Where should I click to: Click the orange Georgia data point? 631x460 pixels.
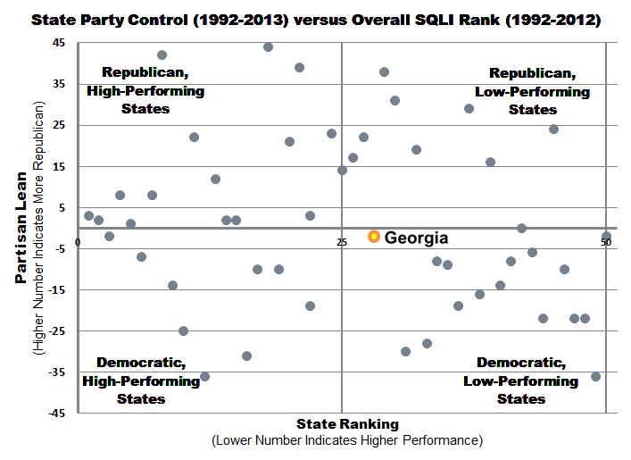[x=374, y=237]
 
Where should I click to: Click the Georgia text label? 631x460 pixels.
[x=416, y=238]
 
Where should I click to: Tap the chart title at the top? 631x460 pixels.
[x=316, y=18]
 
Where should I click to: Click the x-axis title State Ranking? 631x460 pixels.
[x=347, y=423]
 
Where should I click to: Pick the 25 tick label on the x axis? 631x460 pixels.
[x=341, y=242]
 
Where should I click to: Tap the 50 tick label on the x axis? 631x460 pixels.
[x=605, y=242]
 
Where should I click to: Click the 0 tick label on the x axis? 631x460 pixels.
[x=79, y=242]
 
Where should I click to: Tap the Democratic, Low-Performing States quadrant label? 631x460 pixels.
[x=520, y=381]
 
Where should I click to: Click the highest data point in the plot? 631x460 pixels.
[x=268, y=46]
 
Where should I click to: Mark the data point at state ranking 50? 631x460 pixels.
[x=606, y=237]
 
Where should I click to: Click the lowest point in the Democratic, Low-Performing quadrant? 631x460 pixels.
[x=595, y=376]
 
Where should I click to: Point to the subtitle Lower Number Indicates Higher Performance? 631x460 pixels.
[x=347, y=440]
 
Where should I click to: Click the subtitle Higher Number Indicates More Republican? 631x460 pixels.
[x=39, y=229]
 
